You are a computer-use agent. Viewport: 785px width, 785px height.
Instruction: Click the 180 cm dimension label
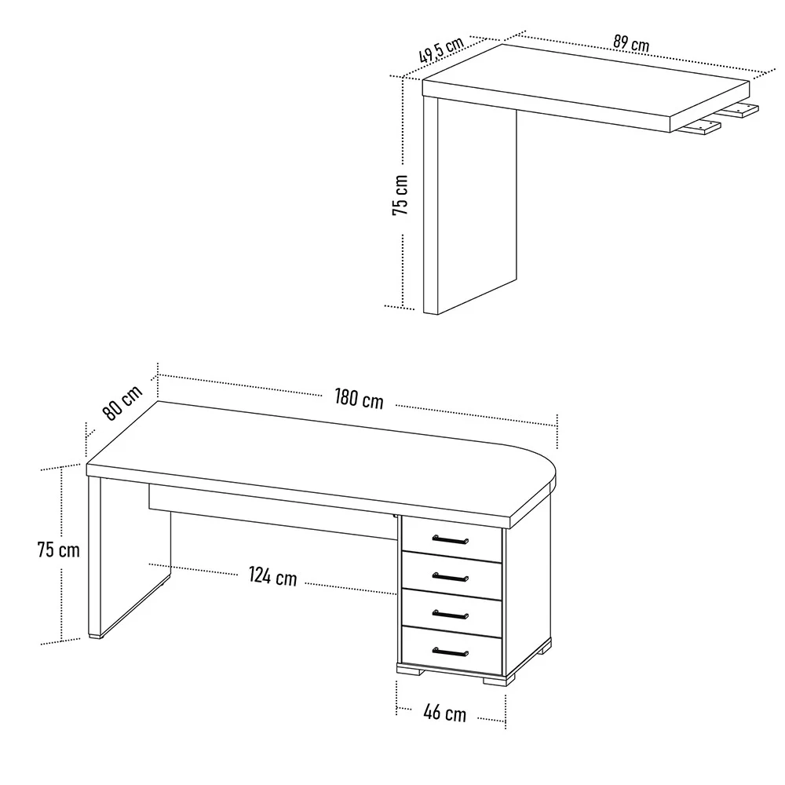click(359, 398)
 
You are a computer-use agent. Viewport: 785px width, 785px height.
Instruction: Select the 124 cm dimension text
click(273, 576)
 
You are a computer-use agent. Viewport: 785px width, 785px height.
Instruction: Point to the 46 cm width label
click(444, 713)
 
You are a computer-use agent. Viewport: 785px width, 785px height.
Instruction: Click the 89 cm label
click(631, 43)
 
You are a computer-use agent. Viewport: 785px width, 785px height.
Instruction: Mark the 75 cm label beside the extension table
click(400, 195)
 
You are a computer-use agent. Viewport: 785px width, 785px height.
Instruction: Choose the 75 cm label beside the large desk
click(59, 549)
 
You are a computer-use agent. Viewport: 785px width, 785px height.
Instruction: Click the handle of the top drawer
click(450, 539)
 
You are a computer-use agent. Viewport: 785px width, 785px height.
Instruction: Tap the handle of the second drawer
click(450, 577)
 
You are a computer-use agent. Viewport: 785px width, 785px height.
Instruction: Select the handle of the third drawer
click(450, 614)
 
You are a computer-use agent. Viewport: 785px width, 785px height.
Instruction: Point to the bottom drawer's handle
click(450, 651)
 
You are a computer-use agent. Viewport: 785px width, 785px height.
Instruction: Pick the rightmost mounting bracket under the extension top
click(743, 110)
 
